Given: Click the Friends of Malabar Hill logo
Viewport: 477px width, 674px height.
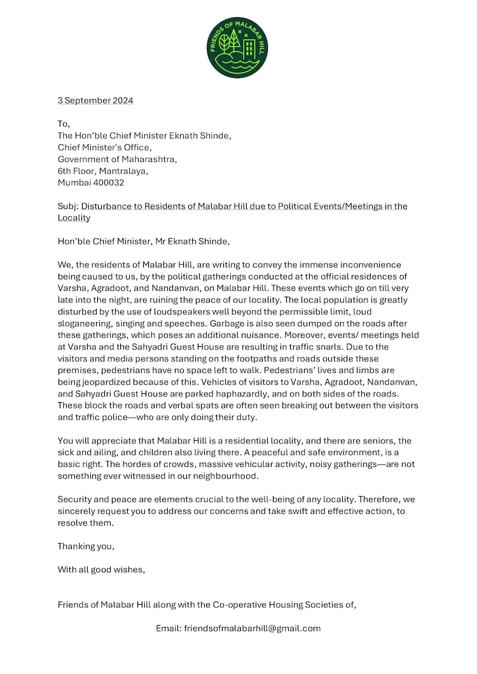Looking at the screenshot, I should click(x=237, y=48).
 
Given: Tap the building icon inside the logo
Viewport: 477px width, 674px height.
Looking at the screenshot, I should click(x=249, y=47).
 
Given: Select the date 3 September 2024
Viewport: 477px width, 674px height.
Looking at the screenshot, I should click(x=95, y=100).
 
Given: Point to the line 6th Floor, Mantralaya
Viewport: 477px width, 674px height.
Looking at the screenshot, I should click(x=103, y=171).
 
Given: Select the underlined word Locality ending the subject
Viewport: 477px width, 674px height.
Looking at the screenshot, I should click(x=74, y=218).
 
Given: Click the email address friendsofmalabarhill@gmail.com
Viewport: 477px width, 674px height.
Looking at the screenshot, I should click(x=252, y=628).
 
